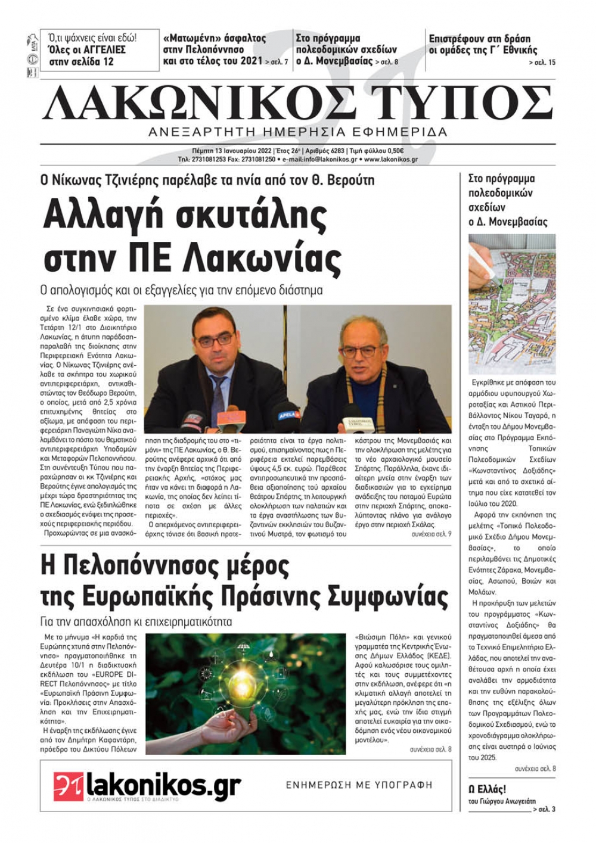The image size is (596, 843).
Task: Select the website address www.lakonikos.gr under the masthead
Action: (390, 160)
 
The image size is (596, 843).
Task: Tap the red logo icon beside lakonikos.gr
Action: (68, 786)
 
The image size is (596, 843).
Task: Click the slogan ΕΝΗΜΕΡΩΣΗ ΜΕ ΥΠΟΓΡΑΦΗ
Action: (359, 785)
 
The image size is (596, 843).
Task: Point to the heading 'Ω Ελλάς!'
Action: (488, 789)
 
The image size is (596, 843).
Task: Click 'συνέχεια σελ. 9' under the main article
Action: (431, 534)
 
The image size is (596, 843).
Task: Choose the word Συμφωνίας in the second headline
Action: (387, 596)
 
